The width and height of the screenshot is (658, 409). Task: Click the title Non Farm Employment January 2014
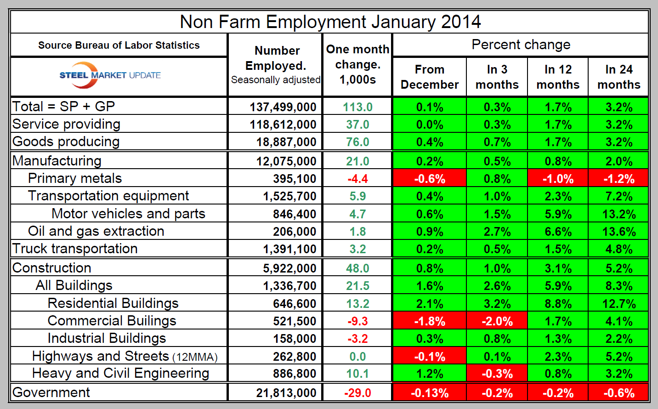pyautogui.click(x=330, y=22)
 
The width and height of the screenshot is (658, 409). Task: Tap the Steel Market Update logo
pyautogui.click(x=110, y=75)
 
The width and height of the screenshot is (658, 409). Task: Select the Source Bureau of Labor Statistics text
pyautogui.click(x=119, y=45)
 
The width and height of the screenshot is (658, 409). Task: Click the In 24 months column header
pyautogui.click(x=618, y=77)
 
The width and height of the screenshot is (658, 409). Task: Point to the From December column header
pyautogui.click(x=429, y=77)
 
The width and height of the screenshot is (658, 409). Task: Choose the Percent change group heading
pyautogui.click(x=521, y=45)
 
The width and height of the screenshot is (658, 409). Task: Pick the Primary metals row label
pyautogui.click(x=75, y=178)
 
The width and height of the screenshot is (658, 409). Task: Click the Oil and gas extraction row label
pyautogui.click(x=96, y=231)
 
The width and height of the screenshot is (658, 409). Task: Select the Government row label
pyautogui.click(x=51, y=392)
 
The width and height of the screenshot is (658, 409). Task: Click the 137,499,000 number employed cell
pyautogui.click(x=283, y=107)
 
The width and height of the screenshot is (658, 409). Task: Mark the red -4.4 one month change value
pyautogui.click(x=357, y=179)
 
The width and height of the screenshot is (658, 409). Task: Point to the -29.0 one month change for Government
pyautogui.click(x=357, y=393)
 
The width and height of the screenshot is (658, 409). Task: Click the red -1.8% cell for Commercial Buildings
pyautogui.click(x=429, y=321)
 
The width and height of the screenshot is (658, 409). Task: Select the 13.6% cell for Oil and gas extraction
pyautogui.click(x=618, y=232)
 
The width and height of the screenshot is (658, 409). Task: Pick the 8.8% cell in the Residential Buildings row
pyautogui.click(x=558, y=304)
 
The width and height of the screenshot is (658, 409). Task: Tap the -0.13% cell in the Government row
pyautogui.click(x=429, y=393)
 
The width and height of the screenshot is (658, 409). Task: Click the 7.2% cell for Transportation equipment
pyautogui.click(x=618, y=196)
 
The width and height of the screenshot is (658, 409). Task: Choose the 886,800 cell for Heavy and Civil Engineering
pyautogui.click(x=295, y=374)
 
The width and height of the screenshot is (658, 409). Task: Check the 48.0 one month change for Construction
pyautogui.click(x=357, y=268)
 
